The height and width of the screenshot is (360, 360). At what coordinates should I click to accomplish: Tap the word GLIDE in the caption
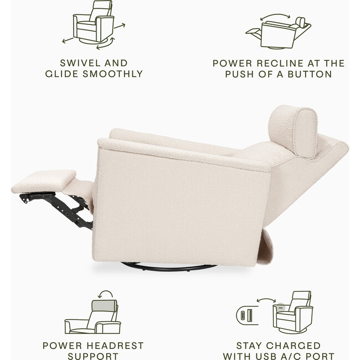pyautogui.click(x=75, y=74)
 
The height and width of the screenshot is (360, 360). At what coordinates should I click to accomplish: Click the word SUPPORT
pyautogui.click(x=92, y=356)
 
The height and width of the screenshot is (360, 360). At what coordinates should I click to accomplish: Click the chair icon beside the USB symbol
pyautogui.click(x=293, y=313)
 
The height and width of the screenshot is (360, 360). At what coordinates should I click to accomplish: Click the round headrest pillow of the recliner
pyautogui.click(x=293, y=131)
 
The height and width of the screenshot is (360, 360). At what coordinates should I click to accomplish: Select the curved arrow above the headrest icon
pyautogui.click(x=105, y=293)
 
